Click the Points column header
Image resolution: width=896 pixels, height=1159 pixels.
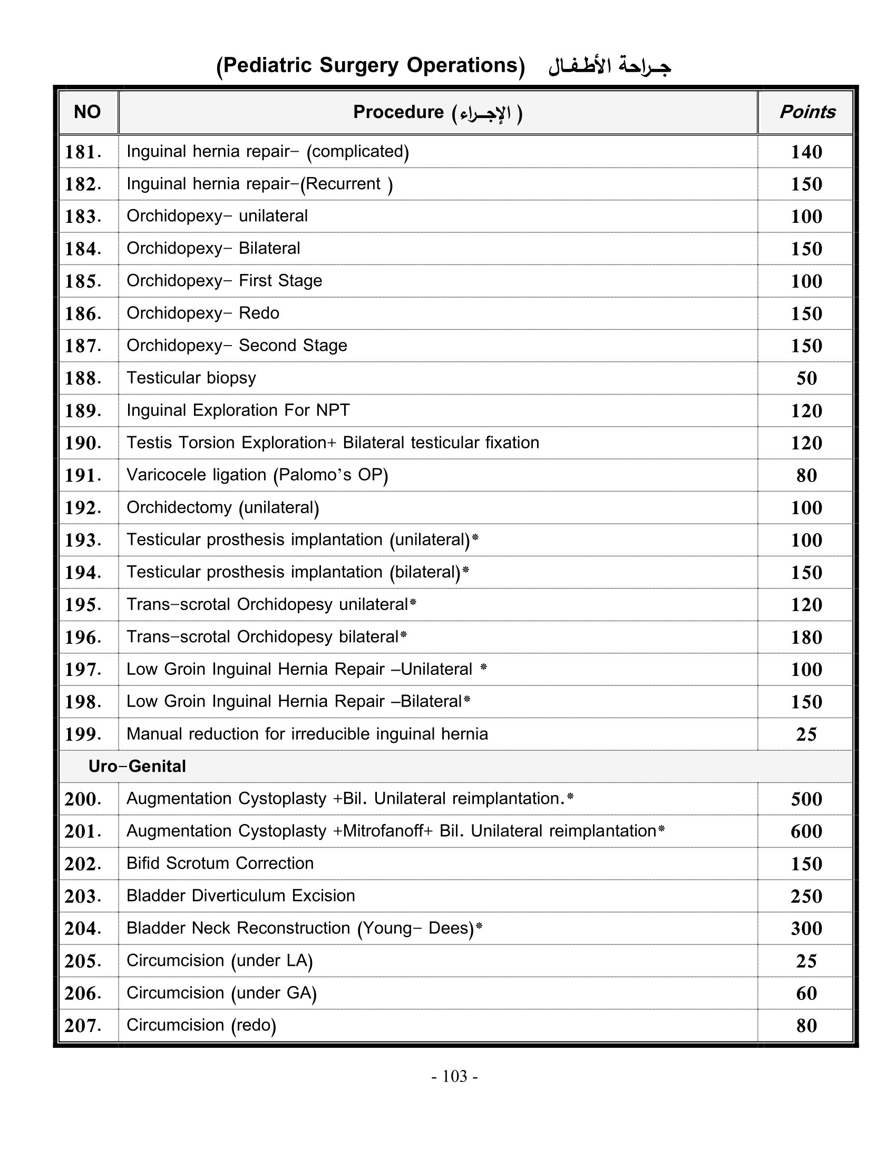806,112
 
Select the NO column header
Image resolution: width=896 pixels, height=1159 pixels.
87,112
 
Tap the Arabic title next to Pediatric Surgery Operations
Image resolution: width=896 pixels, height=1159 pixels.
609,66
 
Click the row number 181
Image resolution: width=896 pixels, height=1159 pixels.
83,152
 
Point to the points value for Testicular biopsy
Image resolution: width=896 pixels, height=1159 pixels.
806,378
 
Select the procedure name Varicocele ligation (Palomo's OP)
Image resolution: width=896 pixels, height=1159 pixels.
257,475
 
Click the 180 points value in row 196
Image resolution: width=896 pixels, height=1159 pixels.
806,637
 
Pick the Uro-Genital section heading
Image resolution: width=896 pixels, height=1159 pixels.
137,767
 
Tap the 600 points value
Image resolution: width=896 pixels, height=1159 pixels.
806,831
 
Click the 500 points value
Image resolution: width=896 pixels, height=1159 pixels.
806,799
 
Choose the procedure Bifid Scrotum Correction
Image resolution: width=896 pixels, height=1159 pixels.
220,863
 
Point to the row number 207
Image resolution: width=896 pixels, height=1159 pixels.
83,1026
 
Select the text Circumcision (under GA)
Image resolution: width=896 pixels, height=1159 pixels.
221,993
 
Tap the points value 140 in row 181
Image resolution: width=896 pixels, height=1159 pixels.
806,152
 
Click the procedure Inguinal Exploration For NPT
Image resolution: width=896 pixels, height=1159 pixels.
238,410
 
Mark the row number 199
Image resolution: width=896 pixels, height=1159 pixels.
83,734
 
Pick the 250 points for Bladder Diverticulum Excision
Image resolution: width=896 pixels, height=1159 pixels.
806,896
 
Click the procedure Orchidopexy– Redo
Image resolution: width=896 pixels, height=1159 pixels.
203,313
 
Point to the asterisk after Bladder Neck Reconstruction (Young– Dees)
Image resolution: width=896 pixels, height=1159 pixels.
479,926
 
